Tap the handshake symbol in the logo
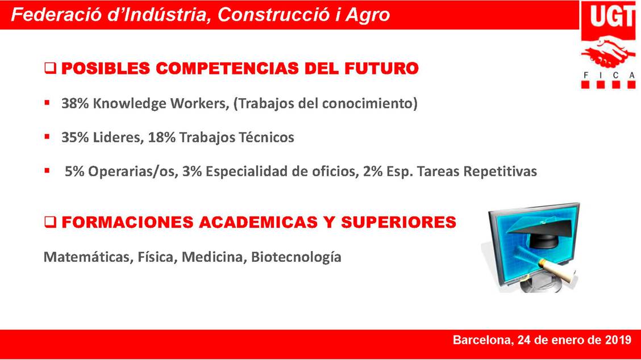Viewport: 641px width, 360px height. pyautogui.click(x=607, y=52)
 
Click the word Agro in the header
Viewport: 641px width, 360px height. pyautogui.click(x=368, y=15)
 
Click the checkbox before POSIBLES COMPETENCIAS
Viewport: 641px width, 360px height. pyautogui.click(x=50, y=68)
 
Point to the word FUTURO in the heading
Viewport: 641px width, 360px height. pyautogui.click(x=381, y=68)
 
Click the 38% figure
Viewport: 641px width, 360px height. pyautogui.click(x=75, y=103)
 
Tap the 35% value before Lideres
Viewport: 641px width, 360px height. pyautogui.click(x=75, y=137)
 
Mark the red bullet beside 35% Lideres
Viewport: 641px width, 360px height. pyautogui.click(x=47, y=136)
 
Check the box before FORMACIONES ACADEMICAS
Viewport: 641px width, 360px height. pyautogui.click(x=50, y=222)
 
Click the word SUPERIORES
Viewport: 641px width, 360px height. pyautogui.click(x=398, y=222)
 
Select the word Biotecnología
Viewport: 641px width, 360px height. pyautogui.click(x=296, y=257)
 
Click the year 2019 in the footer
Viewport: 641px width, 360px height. pyautogui.click(x=617, y=340)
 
